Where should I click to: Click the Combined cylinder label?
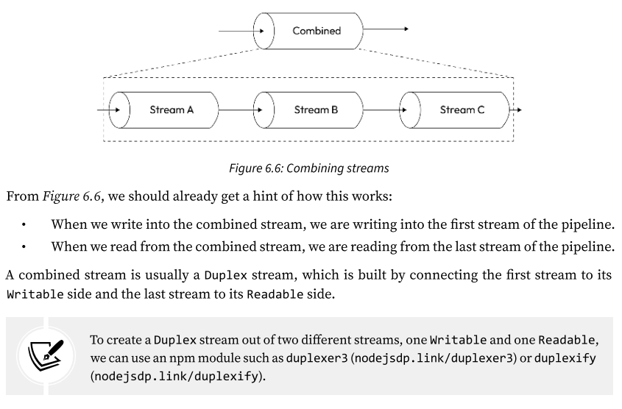[317, 31]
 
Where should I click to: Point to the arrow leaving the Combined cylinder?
[386, 30]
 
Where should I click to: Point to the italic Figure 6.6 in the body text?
[63, 195]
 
